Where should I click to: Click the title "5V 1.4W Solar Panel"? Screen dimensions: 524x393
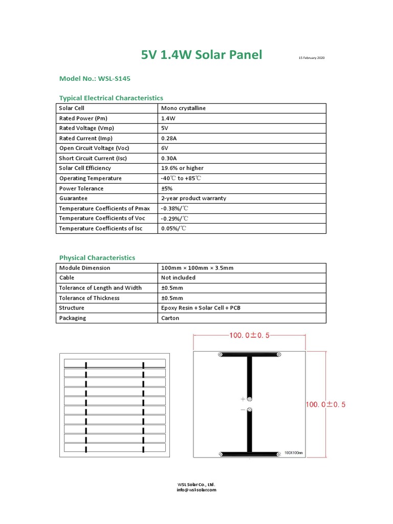202,55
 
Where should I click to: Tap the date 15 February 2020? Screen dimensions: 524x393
312,58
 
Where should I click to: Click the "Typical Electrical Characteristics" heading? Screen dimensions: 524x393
111,98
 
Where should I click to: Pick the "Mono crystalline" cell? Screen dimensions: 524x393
183,108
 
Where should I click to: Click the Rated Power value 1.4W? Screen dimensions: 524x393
168,118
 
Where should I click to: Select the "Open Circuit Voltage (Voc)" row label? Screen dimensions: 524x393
96,148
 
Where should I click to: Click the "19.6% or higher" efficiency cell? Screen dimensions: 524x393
182,168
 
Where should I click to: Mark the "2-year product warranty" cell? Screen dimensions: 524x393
193,199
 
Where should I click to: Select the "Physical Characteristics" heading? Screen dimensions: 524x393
97,258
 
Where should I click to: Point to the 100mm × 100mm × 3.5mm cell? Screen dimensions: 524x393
198,268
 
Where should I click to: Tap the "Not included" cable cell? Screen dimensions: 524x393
178,278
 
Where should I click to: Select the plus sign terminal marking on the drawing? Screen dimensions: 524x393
243,399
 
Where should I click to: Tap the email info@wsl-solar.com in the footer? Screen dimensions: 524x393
196,490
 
